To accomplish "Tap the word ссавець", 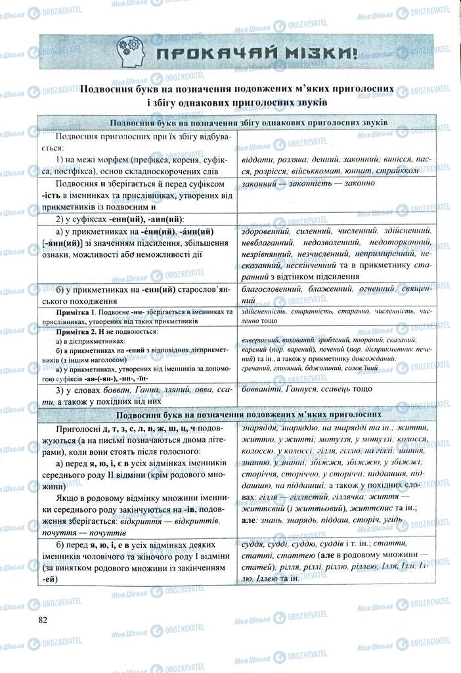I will pos(348,390).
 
